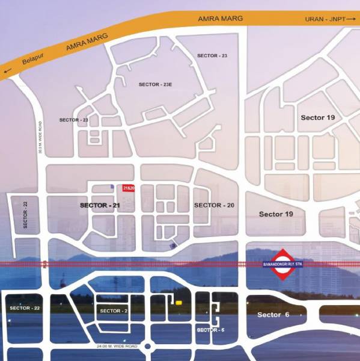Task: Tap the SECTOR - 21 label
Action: coord(100,206)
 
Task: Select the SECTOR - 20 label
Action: coord(214,205)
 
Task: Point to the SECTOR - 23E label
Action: coord(156,85)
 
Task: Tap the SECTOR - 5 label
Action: coord(211,330)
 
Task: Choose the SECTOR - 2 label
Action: coord(114,310)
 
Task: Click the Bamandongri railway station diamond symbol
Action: coord(281,265)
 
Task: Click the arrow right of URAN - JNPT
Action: coord(351,20)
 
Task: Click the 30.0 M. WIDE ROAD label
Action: coord(40,138)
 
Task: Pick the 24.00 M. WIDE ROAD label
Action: coord(117,346)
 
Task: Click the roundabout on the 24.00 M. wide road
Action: coord(150,347)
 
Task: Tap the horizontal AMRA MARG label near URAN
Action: coord(221,19)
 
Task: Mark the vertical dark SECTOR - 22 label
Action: coord(26,215)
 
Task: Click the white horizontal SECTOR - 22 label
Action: coord(25,307)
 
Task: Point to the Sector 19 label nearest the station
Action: coord(276,214)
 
